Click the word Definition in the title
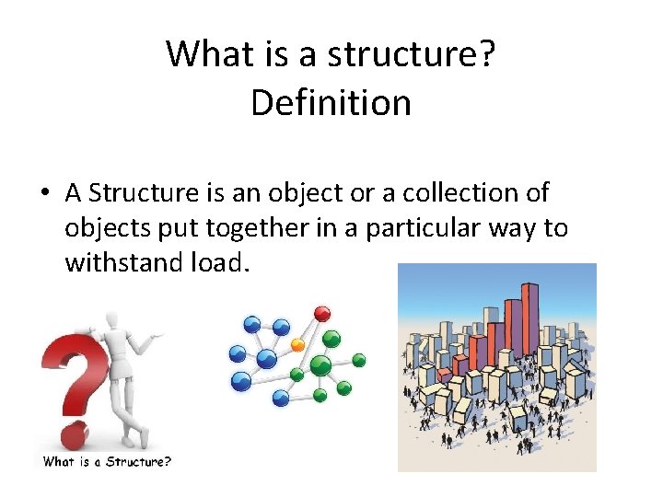(x=331, y=102)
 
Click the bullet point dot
(x=45, y=195)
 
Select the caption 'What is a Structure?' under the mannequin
(x=106, y=462)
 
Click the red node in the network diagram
(x=321, y=314)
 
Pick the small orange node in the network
(x=297, y=344)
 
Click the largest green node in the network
(x=321, y=365)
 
